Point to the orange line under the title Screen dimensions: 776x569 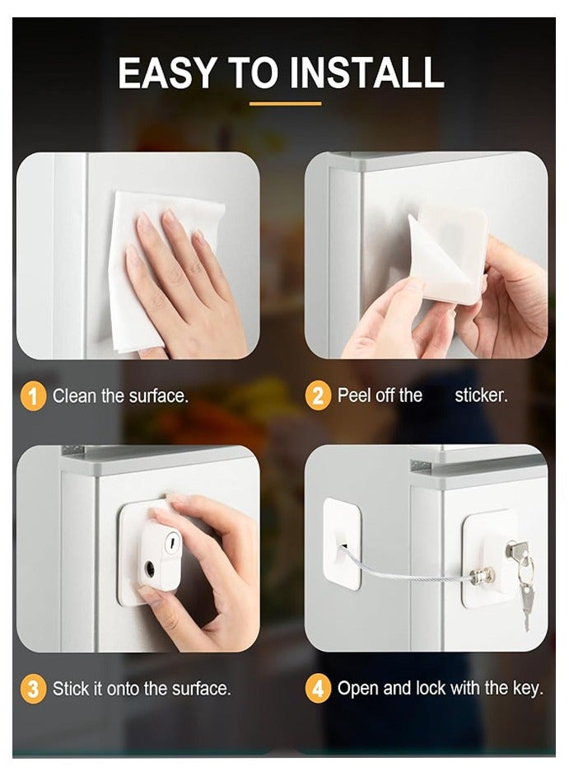tap(285, 104)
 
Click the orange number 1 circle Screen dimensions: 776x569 tap(32, 396)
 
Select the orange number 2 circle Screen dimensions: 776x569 tap(318, 396)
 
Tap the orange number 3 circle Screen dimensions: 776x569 tap(32, 689)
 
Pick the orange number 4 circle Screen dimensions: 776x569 tap(318, 689)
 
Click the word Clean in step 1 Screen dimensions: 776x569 tap(74, 396)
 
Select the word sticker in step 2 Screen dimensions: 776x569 tap(481, 396)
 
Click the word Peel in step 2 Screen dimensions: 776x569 tap(354, 396)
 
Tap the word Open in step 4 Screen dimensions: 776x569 tap(357, 689)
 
